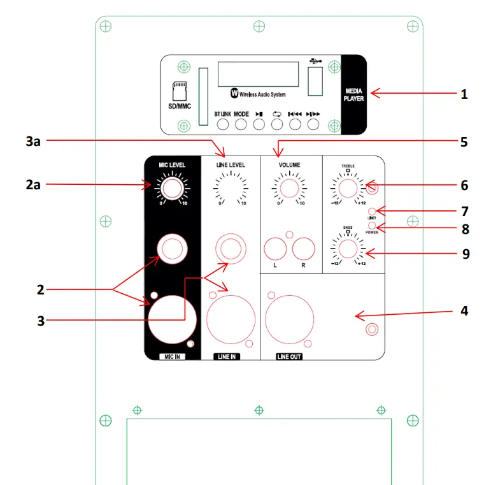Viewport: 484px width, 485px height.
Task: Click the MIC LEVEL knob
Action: point(171,189)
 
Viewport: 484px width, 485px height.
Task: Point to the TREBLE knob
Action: point(348,188)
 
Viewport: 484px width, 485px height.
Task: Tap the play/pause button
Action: point(259,124)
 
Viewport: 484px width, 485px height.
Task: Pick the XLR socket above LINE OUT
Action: point(288,321)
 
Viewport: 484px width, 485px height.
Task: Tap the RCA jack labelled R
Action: point(304,249)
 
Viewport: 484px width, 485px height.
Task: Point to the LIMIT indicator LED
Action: point(373,211)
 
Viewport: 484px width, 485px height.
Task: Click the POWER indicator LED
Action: point(373,226)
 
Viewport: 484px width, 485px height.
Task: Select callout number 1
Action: point(464,94)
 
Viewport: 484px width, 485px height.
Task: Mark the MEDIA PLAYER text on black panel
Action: point(353,95)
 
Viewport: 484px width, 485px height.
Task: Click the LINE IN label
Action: point(227,357)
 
